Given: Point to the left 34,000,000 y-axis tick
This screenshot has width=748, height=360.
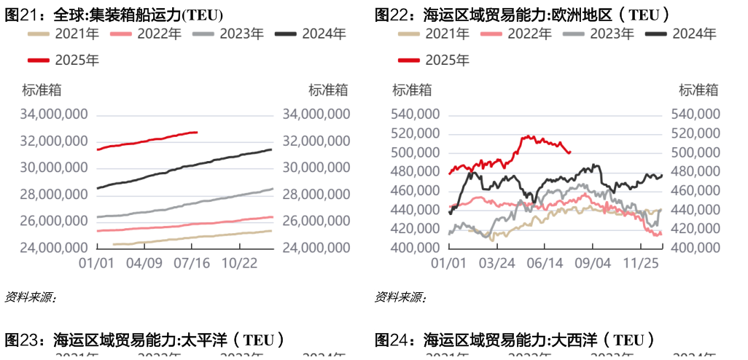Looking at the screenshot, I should click(55, 114).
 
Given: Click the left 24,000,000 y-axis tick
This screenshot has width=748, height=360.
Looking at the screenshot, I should click(55, 248).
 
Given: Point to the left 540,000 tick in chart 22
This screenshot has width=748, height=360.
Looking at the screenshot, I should click(415, 114).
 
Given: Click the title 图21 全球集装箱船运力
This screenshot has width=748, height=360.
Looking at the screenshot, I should click(114, 15).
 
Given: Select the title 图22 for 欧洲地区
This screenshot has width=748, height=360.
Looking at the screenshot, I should click(522, 15).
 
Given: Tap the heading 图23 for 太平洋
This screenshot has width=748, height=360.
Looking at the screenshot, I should click(144, 340).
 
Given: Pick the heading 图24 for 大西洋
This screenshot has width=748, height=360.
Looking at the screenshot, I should click(514, 340).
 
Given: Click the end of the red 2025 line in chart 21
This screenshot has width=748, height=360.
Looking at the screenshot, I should click(197, 132).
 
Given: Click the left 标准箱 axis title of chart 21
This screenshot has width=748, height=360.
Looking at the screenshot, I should click(42, 90).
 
